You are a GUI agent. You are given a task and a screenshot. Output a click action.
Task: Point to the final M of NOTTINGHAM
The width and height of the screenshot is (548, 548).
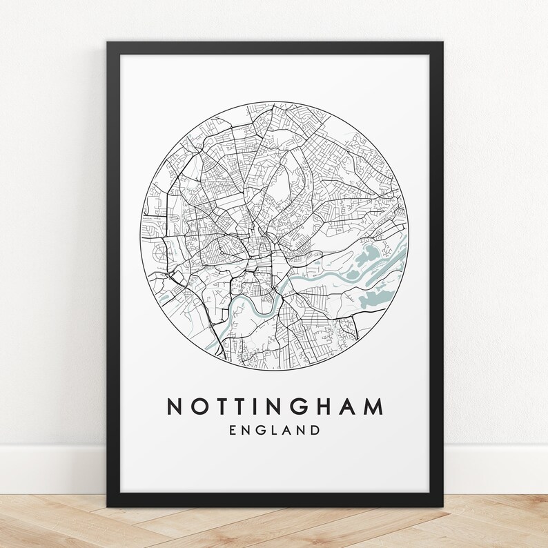coord(373,407)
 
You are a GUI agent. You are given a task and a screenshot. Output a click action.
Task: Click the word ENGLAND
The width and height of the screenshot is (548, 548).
coord(274,431)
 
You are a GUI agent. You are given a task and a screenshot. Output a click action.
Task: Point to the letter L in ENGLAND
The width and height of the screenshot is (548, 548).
coord(274,431)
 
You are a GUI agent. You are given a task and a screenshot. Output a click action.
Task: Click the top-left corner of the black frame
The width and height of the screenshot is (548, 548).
coord(108,43)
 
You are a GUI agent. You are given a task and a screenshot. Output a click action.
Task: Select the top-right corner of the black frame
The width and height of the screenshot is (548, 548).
coord(442,43)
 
